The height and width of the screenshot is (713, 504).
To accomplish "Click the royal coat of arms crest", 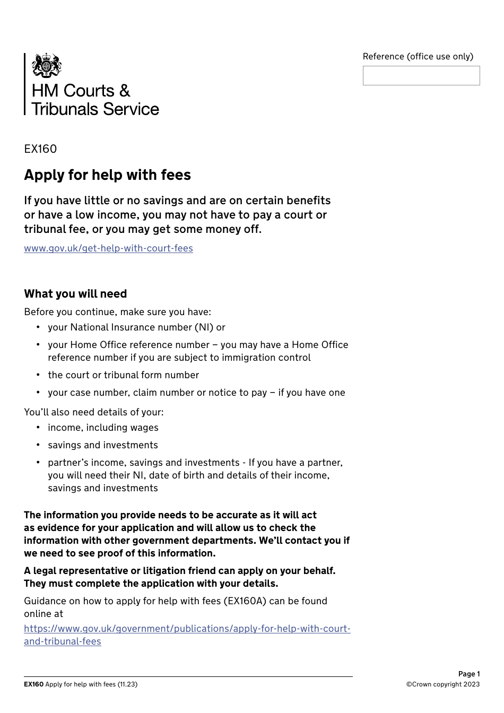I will [x=47, y=65].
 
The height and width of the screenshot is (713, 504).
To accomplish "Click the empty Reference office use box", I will [x=421, y=76].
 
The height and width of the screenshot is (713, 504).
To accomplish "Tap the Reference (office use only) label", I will [x=418, y=56].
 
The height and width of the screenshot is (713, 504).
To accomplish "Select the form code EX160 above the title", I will [x=40, y=149].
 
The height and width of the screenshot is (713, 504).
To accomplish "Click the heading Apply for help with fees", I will [x=107, y=175].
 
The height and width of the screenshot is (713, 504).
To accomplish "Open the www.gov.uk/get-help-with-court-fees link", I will [x=108, y=248].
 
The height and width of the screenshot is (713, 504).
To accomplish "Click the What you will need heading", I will [x=75, y=294].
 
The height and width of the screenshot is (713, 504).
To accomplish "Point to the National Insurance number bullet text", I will [x=136, y=327].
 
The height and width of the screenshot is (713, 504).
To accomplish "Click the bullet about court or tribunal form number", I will [x=123, y=375].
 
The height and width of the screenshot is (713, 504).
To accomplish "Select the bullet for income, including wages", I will [x=103, y=428].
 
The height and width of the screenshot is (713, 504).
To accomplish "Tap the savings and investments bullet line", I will [x=103, y=445].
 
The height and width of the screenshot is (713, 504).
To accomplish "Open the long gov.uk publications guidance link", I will [x=187, y=629].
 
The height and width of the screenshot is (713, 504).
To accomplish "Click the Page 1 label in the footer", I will [x=469, y=674].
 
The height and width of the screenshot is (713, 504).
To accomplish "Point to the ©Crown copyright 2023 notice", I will [x=443, y=684].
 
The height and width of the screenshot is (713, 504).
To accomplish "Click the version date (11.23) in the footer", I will [x=127, y=684].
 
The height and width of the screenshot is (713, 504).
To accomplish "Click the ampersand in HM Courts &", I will [x=125, y=91].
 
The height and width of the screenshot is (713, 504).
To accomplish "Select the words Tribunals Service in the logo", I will [x=95, y=109].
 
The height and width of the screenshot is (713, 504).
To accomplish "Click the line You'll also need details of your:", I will [x=94, y=412].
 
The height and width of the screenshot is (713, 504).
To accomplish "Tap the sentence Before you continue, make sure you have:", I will [x=117, y=312].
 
